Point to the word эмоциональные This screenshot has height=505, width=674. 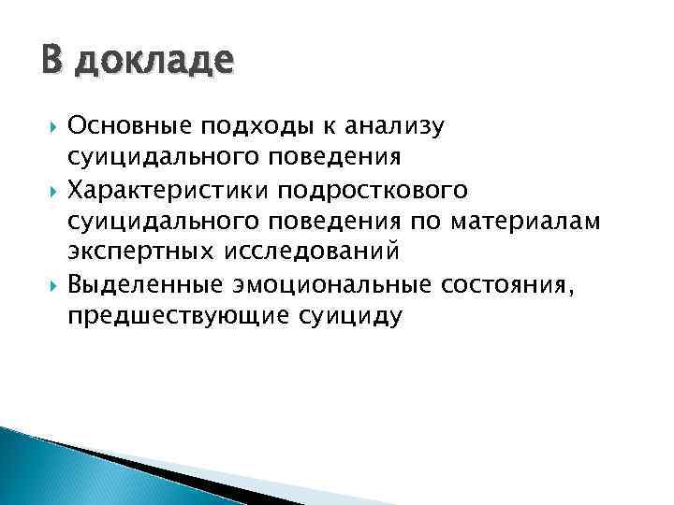332,284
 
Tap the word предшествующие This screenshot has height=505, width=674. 175,317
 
